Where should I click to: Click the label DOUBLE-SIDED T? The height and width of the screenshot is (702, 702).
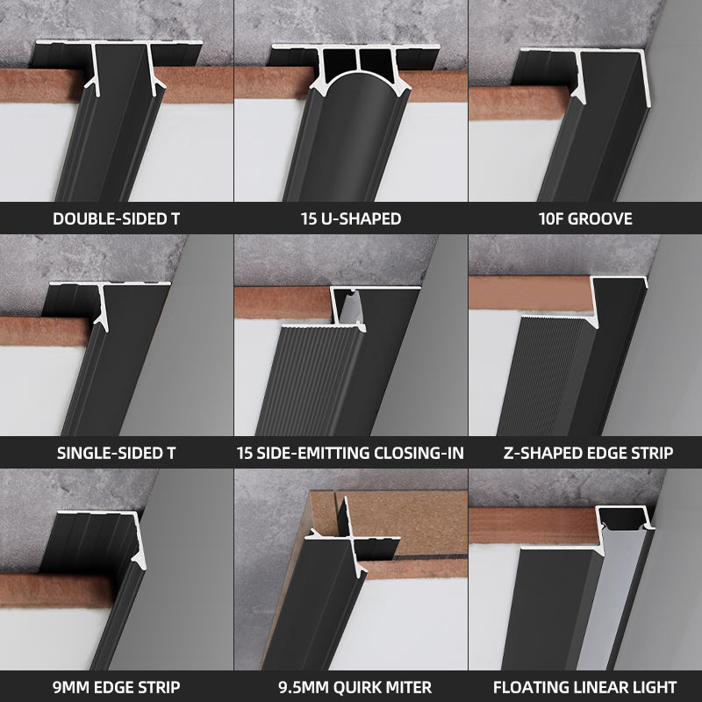(117, 218)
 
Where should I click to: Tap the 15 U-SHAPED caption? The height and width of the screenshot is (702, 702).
(351, 218)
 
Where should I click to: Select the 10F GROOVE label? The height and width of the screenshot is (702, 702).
(585, 218)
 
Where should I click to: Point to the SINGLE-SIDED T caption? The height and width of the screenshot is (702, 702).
(117, 453)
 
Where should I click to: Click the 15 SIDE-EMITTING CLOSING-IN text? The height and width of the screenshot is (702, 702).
(350, 453)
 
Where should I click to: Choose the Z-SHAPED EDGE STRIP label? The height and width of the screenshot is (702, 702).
(588, 453)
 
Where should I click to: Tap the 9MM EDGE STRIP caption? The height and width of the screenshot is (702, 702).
(117, 687)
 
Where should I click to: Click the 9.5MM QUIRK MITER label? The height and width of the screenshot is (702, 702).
(355, 687)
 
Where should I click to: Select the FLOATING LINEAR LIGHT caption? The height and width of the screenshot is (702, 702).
(584, 687)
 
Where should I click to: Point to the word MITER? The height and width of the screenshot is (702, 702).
(410, 687)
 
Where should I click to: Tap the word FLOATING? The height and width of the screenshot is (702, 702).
(525, 687)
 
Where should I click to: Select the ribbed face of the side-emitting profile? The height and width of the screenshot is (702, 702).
(309, 381)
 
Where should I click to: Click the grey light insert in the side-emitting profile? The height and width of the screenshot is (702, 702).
(349, 309)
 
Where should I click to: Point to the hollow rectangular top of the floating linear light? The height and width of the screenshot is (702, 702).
(624, 518)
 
